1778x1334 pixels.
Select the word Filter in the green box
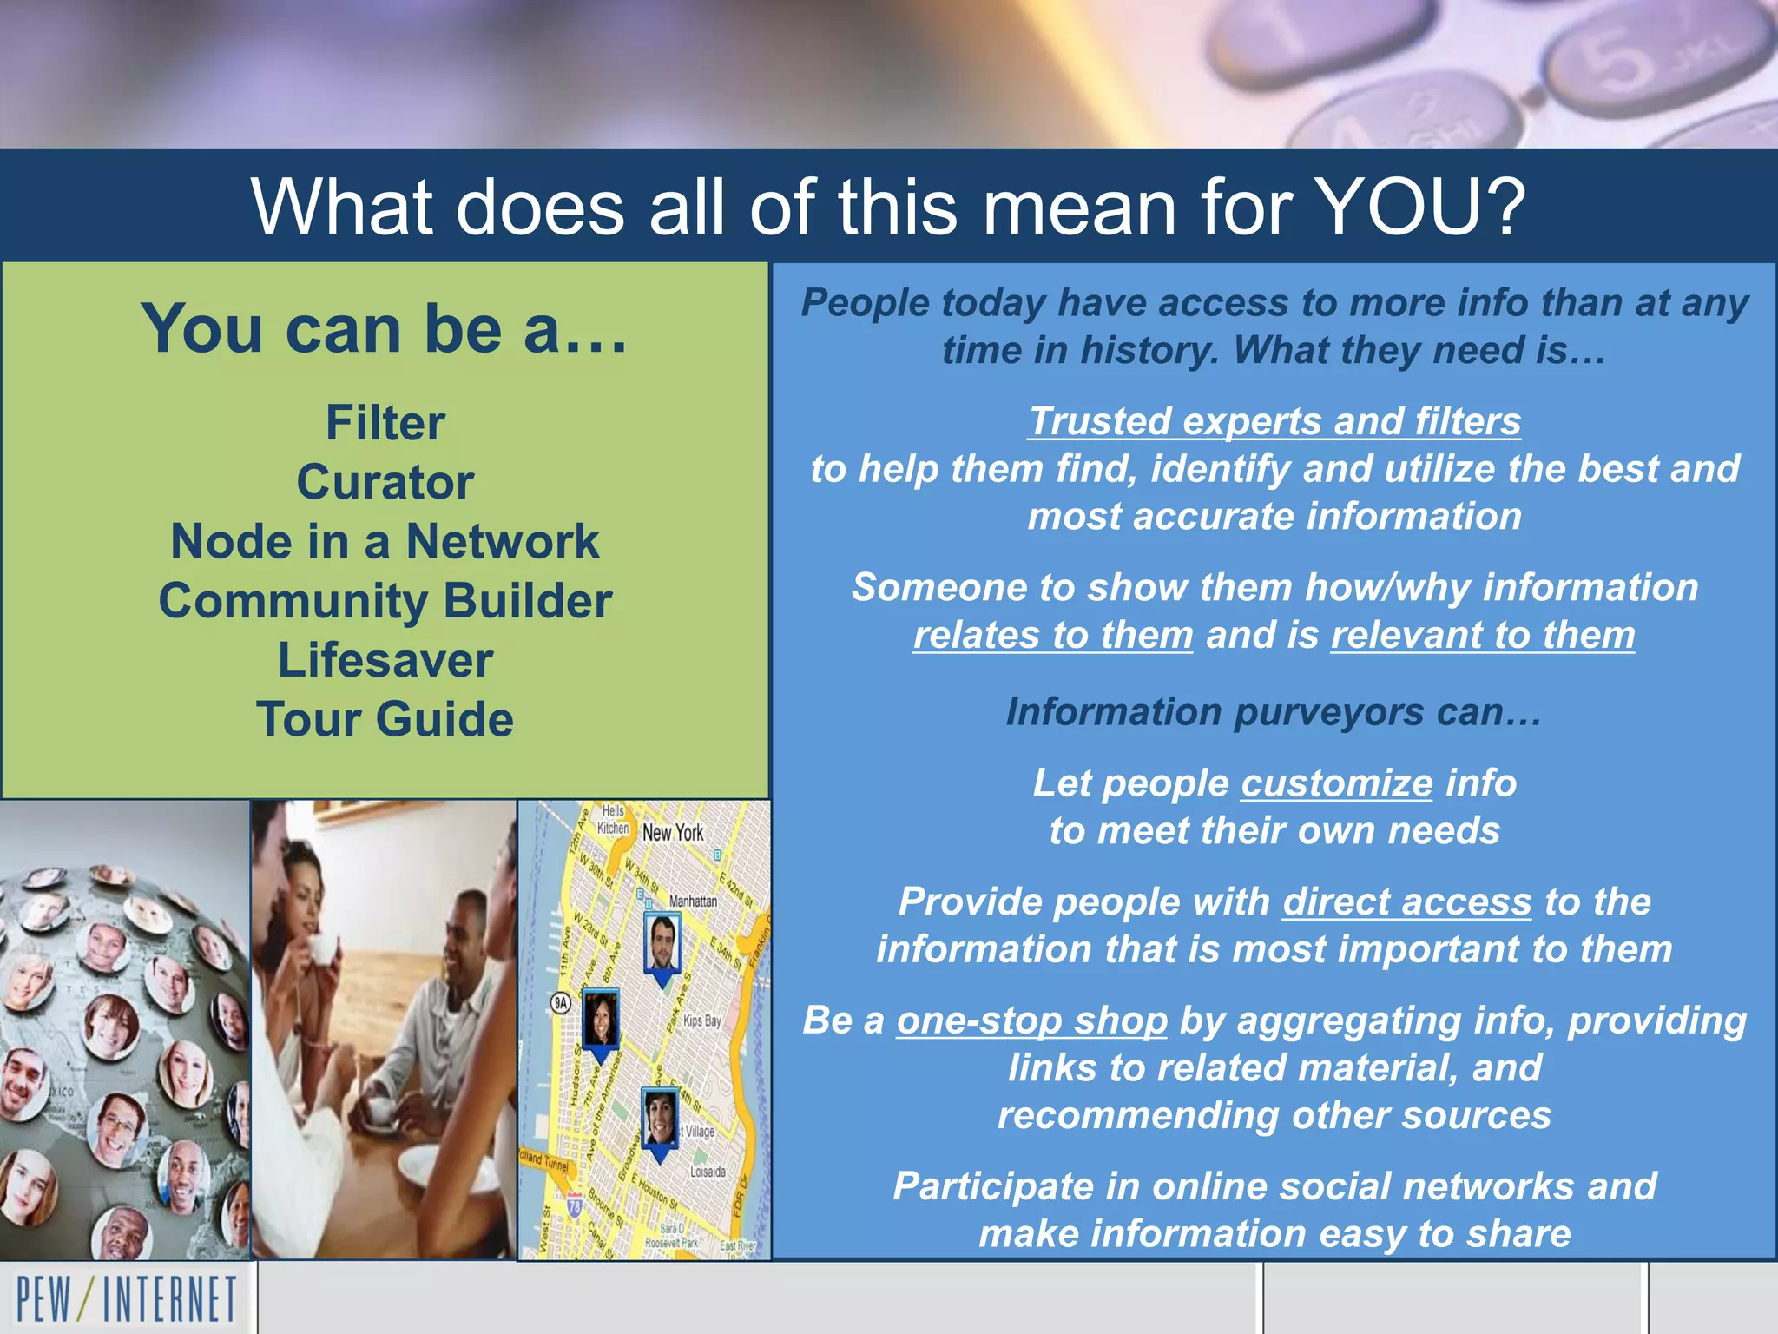pyautogui.click(x=385, y=424)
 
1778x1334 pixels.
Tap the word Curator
pyautogui.click(x=385, y=483)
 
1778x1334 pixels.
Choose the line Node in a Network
pyautogui.click(x=385, y=542)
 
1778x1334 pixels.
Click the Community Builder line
pyautogui.click(x=385, y=601)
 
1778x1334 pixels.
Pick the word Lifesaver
pyautogui.click(x=385, y=660)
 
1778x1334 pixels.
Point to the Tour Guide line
pyautogui.click(x=385, y=719)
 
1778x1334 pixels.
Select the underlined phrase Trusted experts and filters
pyautogui.click(x=1274, y=422)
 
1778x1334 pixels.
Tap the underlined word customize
pyautogui.click(x=1336, y=783)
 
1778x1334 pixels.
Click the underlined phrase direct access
pyautogui.click(x=1406, y=902)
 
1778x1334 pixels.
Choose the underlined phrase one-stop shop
pyautogui.click(x=1031, y=1020)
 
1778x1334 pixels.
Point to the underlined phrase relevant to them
pyautogui.click(x=1483, y=636)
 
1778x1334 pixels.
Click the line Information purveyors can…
pyautogui.click(x=1274, y=712)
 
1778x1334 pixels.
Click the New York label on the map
pyautogui.click(x=673, y=832)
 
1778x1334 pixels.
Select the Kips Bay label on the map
pyautogui.click(x=701, y=1020)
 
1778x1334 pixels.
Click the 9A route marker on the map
pyautogui.click(x=562, y=1003)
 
